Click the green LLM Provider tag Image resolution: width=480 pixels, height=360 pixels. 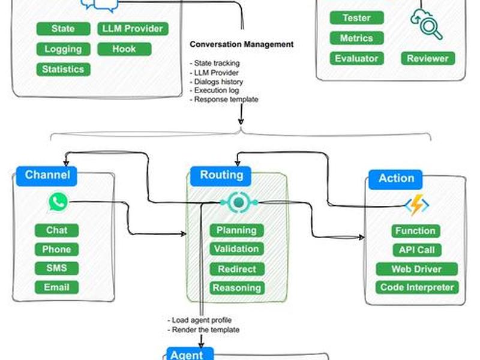click(x=133, y=28)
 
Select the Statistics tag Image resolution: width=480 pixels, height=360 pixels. click(x=64, y=69)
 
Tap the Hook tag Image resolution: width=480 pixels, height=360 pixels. click(x=124, y=49)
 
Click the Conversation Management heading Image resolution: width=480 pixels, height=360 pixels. click(x=242, y=44)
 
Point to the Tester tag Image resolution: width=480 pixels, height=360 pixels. click(x=356, y=18)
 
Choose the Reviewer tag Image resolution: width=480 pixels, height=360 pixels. click(x=428, y=58)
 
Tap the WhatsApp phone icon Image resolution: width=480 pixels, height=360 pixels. click(x=58, y=202)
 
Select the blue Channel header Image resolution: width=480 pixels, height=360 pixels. click(x=47, y=176)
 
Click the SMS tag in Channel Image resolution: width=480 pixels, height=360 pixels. click(x=56, y=268)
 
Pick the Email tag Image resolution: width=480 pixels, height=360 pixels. click(x=56, y=287)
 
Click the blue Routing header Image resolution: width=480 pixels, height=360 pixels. click(x=221, y=176)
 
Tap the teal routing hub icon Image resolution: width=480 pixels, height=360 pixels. click(x=239, y=202)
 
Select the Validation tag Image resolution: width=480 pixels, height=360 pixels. click(x=236, y=249)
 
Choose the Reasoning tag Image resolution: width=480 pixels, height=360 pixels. click(x=237, y=288)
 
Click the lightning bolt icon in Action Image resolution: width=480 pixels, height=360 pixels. click(x=417, y=205)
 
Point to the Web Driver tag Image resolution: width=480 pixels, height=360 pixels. click(x=416, y=269)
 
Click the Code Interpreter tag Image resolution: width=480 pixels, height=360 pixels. click(x=417, y=287)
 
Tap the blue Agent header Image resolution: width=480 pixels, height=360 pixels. click(x=190, y=354)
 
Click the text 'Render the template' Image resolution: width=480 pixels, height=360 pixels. click(x=206, y=329)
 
